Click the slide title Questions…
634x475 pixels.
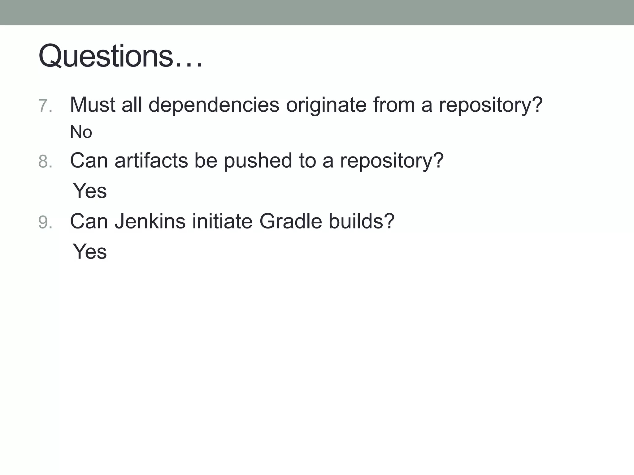[121, 56]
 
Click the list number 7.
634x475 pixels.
[45, 106]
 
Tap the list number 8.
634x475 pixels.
[45, 161]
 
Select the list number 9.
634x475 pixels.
[45, 222]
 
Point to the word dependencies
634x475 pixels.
[214, 105]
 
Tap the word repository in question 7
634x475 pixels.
[491, 105]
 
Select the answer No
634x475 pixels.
[81, 132]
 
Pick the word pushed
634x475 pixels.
[258, 160]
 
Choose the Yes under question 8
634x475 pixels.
[90, 190]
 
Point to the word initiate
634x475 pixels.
[222, 221]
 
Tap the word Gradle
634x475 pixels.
[290, 221]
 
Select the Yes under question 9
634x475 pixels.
[90, 251]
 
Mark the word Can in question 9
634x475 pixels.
[89, 221]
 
